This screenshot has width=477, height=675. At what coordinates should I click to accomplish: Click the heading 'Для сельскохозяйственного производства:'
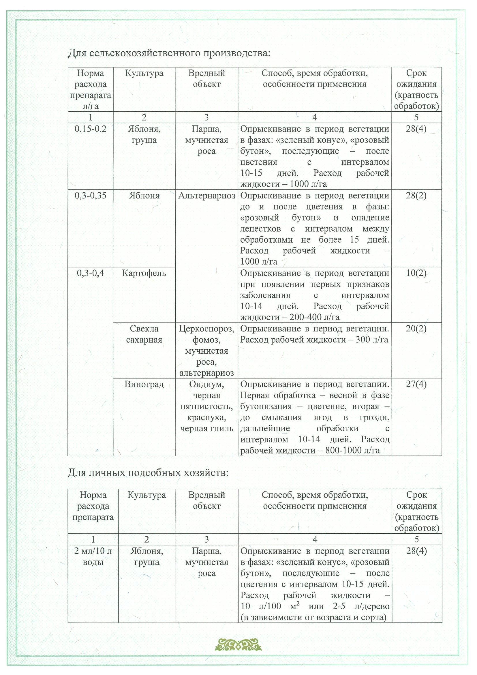169,53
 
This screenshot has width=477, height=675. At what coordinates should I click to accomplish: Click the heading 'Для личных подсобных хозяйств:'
148,473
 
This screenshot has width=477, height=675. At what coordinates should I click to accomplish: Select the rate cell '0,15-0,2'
90,129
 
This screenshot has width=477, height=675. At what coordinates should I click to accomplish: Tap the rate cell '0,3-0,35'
90,196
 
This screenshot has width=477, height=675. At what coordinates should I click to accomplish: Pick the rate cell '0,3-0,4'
90,273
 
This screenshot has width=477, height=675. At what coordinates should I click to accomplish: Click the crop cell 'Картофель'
144,273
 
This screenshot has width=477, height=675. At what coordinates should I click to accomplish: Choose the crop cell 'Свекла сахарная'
144,334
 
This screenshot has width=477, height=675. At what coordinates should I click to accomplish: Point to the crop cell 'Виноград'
144,384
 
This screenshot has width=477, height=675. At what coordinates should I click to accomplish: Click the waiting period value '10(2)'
416,273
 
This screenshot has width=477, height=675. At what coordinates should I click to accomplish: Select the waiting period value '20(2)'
416,329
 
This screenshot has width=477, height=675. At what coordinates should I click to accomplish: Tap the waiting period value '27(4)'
416,384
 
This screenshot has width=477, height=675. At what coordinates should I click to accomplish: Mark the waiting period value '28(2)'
416,196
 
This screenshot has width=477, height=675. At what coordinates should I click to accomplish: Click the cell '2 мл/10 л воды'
93,556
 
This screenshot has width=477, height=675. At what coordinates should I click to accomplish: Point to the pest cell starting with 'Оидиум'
206,406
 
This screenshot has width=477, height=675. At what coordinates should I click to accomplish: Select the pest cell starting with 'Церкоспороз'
206,351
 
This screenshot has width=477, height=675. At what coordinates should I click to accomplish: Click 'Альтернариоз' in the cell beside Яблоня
206,196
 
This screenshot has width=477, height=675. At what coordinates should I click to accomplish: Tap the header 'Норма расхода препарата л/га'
90,89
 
